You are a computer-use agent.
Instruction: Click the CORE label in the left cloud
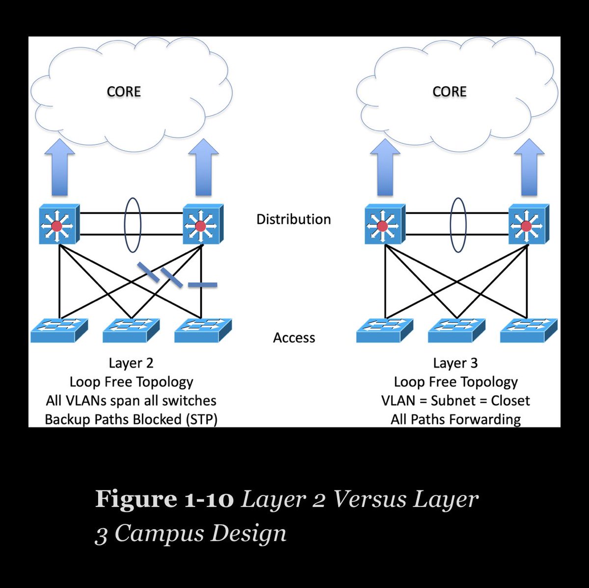point(124,92)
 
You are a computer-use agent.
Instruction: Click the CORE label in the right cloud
point(449,92)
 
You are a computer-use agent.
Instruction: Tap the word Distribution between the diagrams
point(294,219)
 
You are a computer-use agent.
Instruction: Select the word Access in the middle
point(294,338)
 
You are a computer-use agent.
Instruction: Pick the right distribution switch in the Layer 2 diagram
point(202,225)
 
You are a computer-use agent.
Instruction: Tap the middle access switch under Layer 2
point(131,330)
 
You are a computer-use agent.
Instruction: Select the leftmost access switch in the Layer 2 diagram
point(59,330)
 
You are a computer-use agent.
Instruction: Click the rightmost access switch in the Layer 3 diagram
point(529,330)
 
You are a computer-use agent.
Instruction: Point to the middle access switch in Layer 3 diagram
point(456,330)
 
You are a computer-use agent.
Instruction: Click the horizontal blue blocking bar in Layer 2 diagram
point(202,285)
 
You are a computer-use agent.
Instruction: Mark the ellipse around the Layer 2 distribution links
point(133,224)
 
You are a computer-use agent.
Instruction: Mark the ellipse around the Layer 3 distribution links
point(458,224)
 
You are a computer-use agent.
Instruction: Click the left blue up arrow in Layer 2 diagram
point(59,167)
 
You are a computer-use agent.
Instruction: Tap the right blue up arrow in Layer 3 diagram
point(529,167)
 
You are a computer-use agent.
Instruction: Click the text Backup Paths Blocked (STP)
point(131,420)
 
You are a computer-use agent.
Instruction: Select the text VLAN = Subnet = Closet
point(455,401)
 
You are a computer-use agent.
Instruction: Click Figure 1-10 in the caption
point(164,499)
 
